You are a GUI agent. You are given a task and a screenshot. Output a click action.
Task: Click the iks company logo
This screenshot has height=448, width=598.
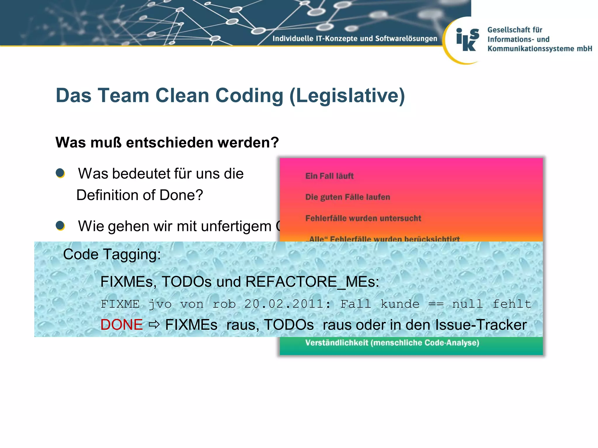pos(468,40)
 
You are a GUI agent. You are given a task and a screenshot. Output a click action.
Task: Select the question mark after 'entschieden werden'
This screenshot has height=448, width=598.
pos(275,143)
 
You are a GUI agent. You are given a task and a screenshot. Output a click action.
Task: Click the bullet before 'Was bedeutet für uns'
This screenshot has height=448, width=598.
pos(60,173)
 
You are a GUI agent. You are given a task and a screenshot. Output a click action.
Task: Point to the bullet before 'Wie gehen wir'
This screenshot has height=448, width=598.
pos(60,225)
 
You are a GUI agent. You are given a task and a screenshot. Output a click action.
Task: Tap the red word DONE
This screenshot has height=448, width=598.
pos(121,325)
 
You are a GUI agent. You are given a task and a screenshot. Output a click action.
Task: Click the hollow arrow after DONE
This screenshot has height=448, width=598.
pos(154,325)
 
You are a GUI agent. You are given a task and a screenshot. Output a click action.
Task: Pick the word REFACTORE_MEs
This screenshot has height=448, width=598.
pos(312,282)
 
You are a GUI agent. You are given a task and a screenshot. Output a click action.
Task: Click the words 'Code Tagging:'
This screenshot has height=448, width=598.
pos(112,254)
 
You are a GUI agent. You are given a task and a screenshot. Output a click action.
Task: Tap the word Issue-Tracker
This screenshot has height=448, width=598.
pos(481,325)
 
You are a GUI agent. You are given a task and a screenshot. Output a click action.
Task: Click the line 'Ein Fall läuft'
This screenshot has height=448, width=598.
pos(329,176)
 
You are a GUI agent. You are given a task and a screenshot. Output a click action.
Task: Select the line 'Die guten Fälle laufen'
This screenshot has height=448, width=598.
pos(347,197)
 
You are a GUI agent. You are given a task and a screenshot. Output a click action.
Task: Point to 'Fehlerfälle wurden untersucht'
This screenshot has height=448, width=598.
pos(363,218)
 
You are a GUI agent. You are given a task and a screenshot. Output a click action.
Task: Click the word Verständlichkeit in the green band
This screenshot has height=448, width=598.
pos(336,343)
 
